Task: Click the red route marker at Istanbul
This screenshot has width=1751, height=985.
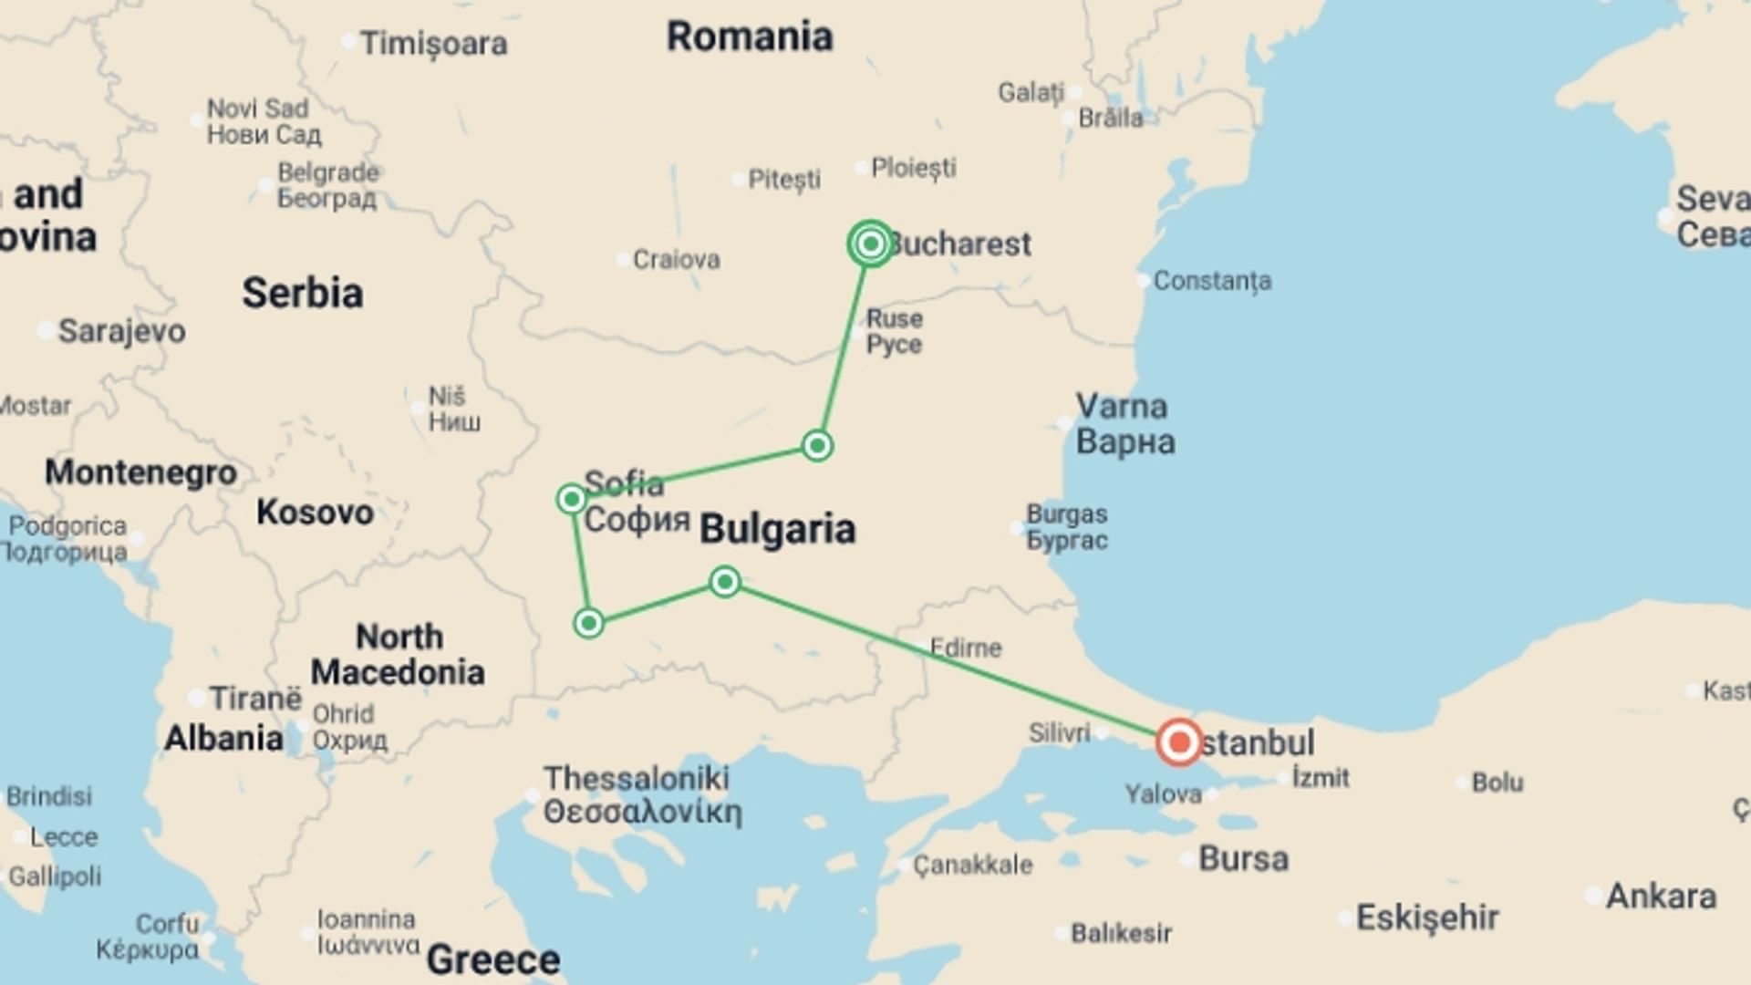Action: coord(1179,741)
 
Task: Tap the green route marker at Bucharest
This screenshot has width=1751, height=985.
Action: coord(870,244)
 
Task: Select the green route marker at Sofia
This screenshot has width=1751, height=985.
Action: coord(572,499)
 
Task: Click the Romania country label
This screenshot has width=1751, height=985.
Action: coord(750,37)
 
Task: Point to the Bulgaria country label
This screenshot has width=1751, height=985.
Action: coord(777,529)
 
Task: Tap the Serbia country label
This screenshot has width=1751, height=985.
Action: coord(302,293)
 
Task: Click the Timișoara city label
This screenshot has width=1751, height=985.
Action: coord(433,44)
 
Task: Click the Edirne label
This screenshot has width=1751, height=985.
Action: coord(966,648)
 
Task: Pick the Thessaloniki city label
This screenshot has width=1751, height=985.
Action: coord(637,778)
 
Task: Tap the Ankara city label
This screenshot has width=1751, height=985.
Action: coord(1661,896)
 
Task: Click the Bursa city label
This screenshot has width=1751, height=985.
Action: coord(1243,858)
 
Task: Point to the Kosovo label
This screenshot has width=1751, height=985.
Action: coord(315,512)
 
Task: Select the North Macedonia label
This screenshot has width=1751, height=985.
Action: coord(399,654)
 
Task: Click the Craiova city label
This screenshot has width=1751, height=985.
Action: coord(676,259)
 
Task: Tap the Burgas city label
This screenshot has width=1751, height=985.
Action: coord(1066,514)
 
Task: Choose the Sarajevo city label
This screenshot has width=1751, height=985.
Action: coord(121,331)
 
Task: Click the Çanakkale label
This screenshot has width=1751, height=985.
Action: coord(972,865)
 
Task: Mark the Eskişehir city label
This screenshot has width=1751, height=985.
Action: coord(1426,917)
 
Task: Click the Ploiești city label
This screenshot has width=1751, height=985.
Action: coord(913,168)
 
